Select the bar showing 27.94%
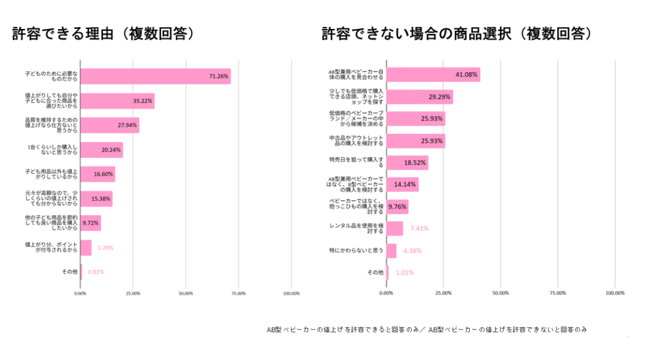[109, 125]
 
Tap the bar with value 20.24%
[101, 150]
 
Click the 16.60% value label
[102, 175]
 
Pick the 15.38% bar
[96, 199]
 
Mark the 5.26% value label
[106, 247]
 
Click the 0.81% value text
[96, 272]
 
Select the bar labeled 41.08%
[432, 75]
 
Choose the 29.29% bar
[419, 97]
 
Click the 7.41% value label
[419, 228]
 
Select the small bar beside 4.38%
[391, 251]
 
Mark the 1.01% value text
[405, 272]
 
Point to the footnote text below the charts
[427, 329]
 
